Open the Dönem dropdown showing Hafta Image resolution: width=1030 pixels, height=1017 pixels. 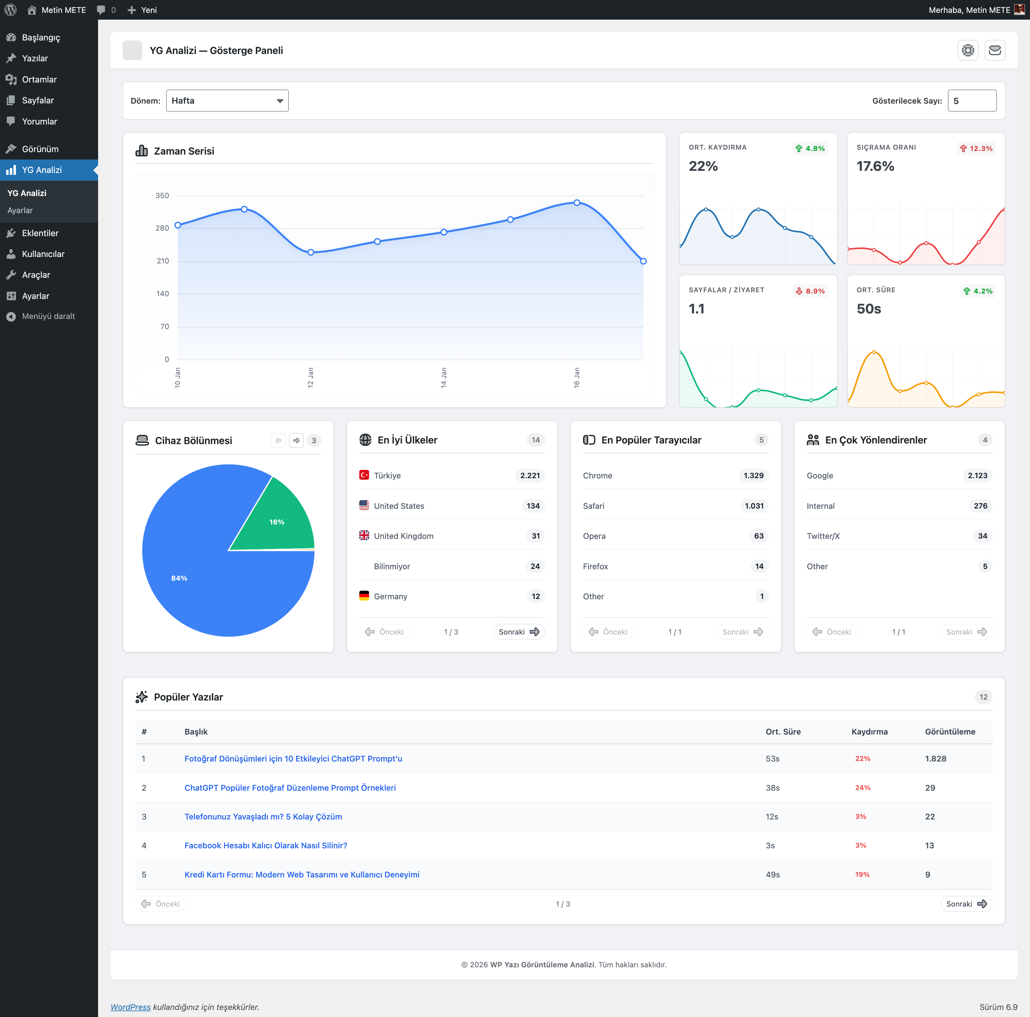point(227,101)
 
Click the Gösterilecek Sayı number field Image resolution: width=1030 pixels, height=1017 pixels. point(971,101)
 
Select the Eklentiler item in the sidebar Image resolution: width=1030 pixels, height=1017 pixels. point(40,233)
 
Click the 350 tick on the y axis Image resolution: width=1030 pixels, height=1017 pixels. point(162,196)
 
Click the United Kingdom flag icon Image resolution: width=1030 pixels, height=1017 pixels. point(364,535)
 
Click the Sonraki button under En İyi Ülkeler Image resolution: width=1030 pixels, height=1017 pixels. point(518,632)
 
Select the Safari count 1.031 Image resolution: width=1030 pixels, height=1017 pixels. point(754,505)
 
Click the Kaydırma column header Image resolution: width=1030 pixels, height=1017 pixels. point(869,732)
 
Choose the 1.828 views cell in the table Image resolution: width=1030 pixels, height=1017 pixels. point(936,758)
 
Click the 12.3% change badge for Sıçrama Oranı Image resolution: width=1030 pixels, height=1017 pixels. point(976,148)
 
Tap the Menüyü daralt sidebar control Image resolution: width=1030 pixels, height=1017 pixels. point(48,316)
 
